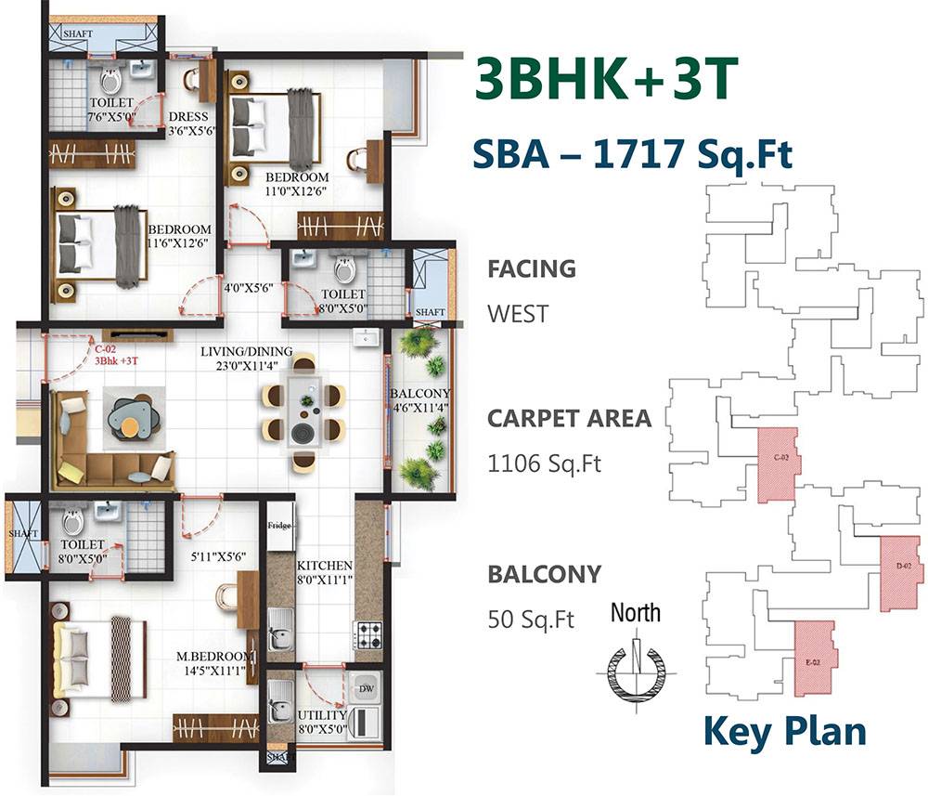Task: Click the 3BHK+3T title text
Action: point(606,82)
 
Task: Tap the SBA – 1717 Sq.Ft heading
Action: point(632,153)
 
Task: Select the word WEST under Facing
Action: point(516,313)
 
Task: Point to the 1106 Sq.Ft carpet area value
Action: point(544,463)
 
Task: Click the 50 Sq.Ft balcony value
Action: point(531,618)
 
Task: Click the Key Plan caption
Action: point(784,731)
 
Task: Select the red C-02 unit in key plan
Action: point(779,463)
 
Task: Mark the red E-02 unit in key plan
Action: point(814,658)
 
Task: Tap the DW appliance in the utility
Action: point(367,688)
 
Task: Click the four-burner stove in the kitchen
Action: point(367,635)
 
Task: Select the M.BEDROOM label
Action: point(213,658)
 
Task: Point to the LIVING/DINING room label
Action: point(246,351)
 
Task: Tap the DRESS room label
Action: point(188,117)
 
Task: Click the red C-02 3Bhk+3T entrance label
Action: point(115,354)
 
